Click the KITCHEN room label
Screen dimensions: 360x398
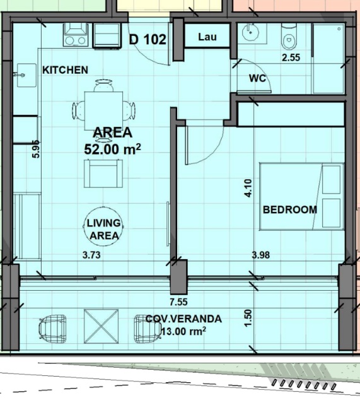(65, 70)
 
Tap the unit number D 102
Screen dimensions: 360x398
(148, 40)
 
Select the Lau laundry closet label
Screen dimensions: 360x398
(207, 37)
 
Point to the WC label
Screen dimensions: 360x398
(257, 78)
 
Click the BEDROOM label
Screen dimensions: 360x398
(290, 209)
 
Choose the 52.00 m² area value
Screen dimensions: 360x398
(112, 149)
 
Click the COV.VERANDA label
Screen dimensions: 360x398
(183, 319)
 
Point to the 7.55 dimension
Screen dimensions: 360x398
(178, 302)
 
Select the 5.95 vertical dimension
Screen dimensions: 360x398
(36, 149)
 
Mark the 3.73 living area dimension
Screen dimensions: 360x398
(91, 255)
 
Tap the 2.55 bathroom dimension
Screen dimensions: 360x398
(291, 57)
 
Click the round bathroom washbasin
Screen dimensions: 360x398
(250, 32)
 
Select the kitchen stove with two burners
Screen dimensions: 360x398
(74, 35)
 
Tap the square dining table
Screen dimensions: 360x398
(103, 110)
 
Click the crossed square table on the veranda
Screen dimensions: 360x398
(101, 326)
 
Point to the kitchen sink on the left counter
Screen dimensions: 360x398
(26, 75)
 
